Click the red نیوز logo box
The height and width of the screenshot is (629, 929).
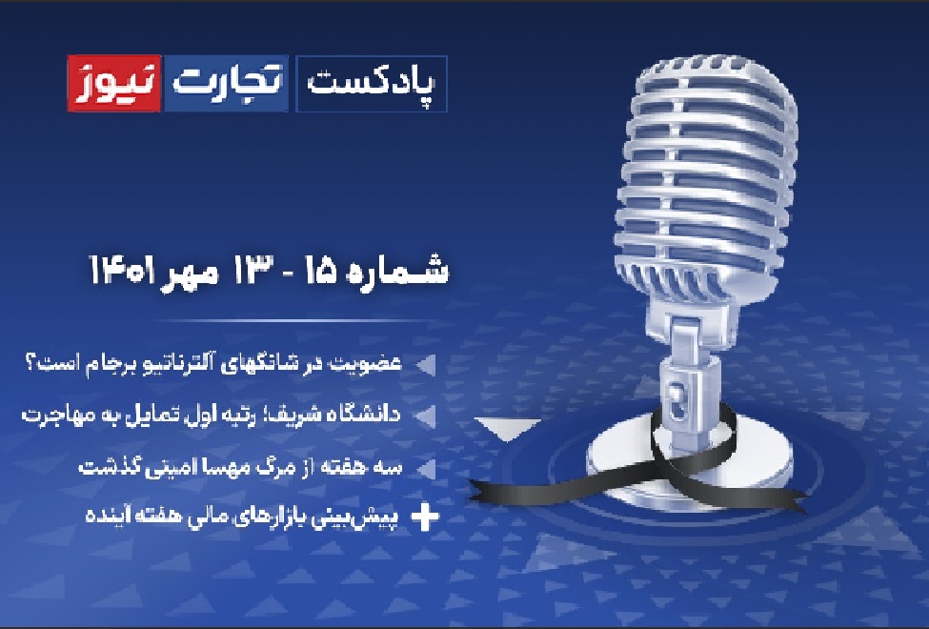(x=113, y=83)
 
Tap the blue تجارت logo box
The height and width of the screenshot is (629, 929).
(x=226, y=83)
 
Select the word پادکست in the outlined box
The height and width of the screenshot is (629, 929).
(x=371, y=84)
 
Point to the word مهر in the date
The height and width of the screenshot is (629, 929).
(x=189, y=274)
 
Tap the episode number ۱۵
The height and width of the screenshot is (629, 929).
(x=320, y=271)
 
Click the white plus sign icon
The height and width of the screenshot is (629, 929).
(x=425, y=517)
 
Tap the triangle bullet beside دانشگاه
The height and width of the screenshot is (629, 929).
(x=426, y=416)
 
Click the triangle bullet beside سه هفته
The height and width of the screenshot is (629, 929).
(x=426, y=468)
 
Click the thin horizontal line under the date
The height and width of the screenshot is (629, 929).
(x=295, y=321)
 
